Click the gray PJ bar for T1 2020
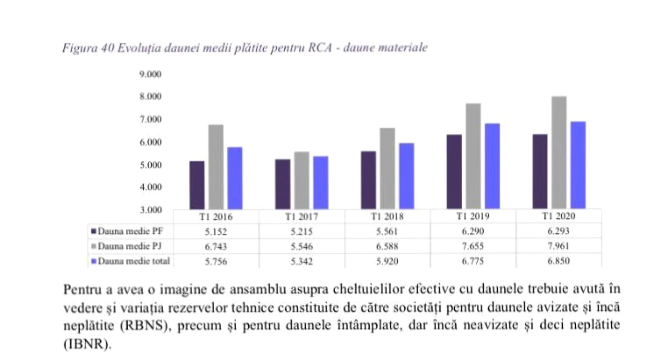pos(559,153)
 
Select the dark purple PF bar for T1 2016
pos(197,185)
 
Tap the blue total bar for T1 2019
pos(492,166)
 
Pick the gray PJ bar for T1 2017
pos(302,180)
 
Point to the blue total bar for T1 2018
pos(406,176)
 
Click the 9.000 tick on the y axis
pos(150,74)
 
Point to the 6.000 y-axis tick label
pos(150,143)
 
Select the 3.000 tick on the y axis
pos(150,210)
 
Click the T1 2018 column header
pos(387,216)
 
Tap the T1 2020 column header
pos(558,216)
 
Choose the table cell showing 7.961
pos(558,246)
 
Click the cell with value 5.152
pos(216,232)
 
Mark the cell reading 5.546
pos(302,246)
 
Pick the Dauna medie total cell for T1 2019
pos(472,261)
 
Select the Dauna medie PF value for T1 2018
pos(387,231)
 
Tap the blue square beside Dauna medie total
pos(94,261)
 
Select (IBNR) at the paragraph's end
pos(87,344)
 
